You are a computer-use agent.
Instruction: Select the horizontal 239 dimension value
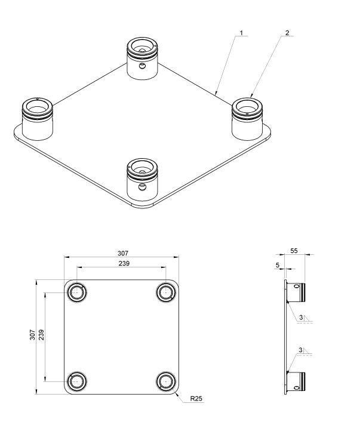[x=124, y=263]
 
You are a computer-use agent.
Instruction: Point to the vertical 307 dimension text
[x=33, y=335]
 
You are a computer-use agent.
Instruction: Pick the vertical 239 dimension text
[x=42, y=335]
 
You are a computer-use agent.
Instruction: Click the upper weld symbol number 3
[x=302, y=316]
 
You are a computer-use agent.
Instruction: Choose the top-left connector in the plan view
[x=76, y=292]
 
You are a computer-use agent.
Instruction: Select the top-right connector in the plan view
[x=165, y=292]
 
